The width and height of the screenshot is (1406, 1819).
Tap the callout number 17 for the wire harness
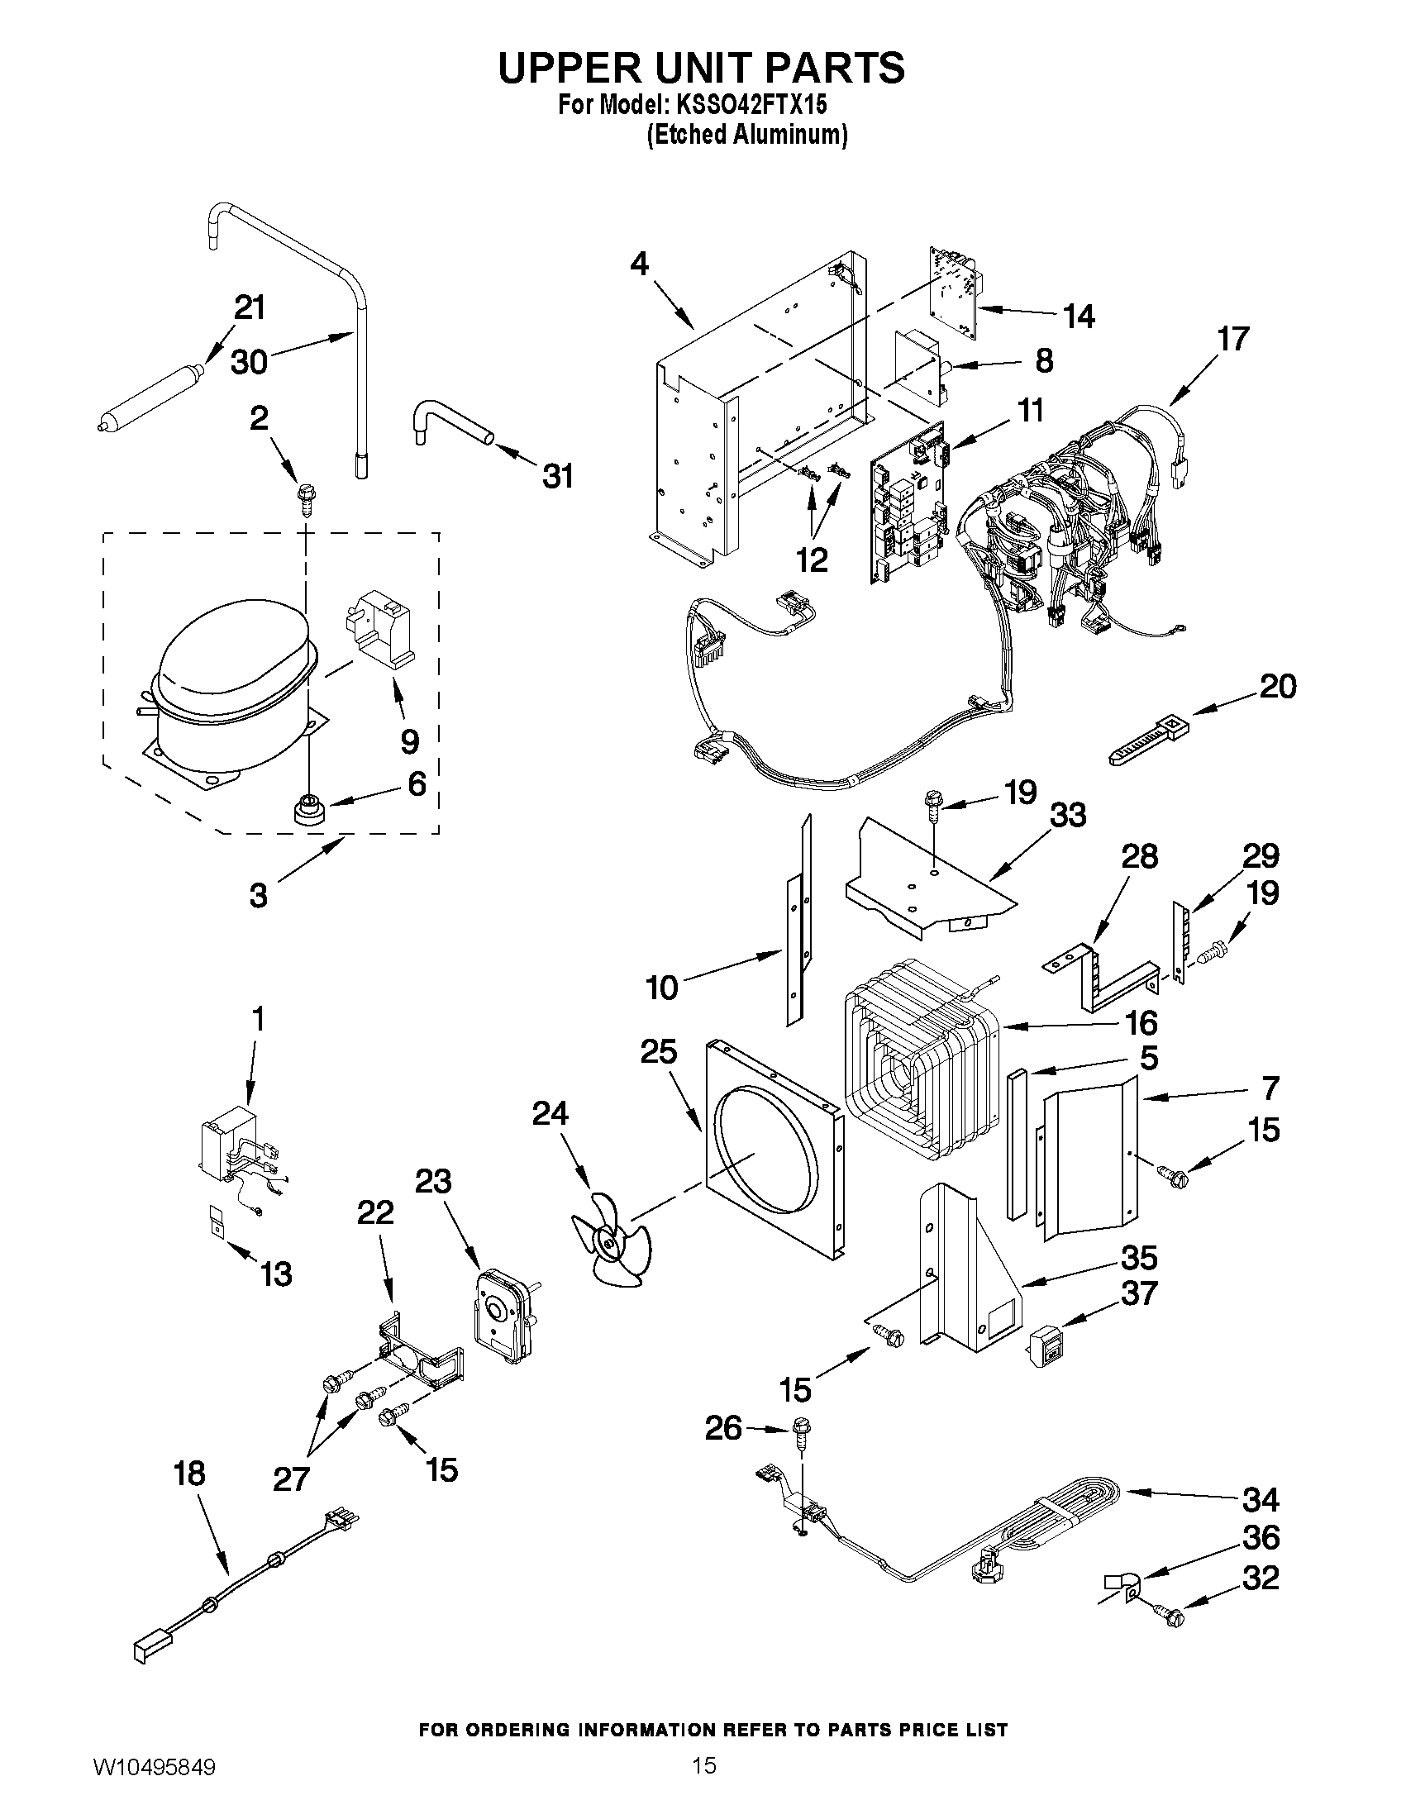click(1232, 339)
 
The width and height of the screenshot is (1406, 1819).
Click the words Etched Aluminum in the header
click(747, 135)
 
